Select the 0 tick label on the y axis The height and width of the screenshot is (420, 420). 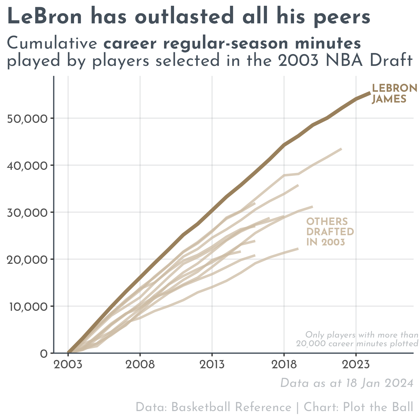(44, 354)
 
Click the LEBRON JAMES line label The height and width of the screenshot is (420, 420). (394, 94)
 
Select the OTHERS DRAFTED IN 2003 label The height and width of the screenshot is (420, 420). (330, 232)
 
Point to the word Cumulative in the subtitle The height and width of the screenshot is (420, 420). (52, 43)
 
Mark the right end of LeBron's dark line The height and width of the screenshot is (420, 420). (370, 93)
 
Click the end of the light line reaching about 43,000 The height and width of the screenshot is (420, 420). (341, 149)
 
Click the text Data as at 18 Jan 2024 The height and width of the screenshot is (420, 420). (347, 383)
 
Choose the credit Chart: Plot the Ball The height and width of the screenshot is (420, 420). (358, 407)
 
